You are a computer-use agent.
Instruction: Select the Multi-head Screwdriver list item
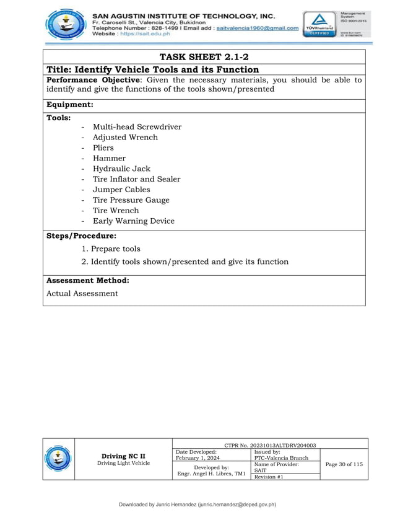[x=137, y=127]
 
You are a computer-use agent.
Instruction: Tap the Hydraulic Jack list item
[x=121, y=169]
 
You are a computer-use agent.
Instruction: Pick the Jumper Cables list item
[x=121, y=190]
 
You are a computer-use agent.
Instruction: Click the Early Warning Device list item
[x=133, y=221]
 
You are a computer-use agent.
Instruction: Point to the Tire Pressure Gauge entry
[x=131, y=200]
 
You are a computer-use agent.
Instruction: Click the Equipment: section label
[x=70, y=105]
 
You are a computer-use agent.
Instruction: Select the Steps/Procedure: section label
[x=81, y=236]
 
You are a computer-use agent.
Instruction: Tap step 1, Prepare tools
[x=111, y=249]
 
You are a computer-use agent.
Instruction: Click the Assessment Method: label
[x=88, y=280]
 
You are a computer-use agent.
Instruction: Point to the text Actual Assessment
[x=82, y=293]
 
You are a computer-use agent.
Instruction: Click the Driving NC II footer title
[x=123, y=456]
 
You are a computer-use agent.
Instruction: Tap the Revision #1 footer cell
[x=269, y=477]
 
